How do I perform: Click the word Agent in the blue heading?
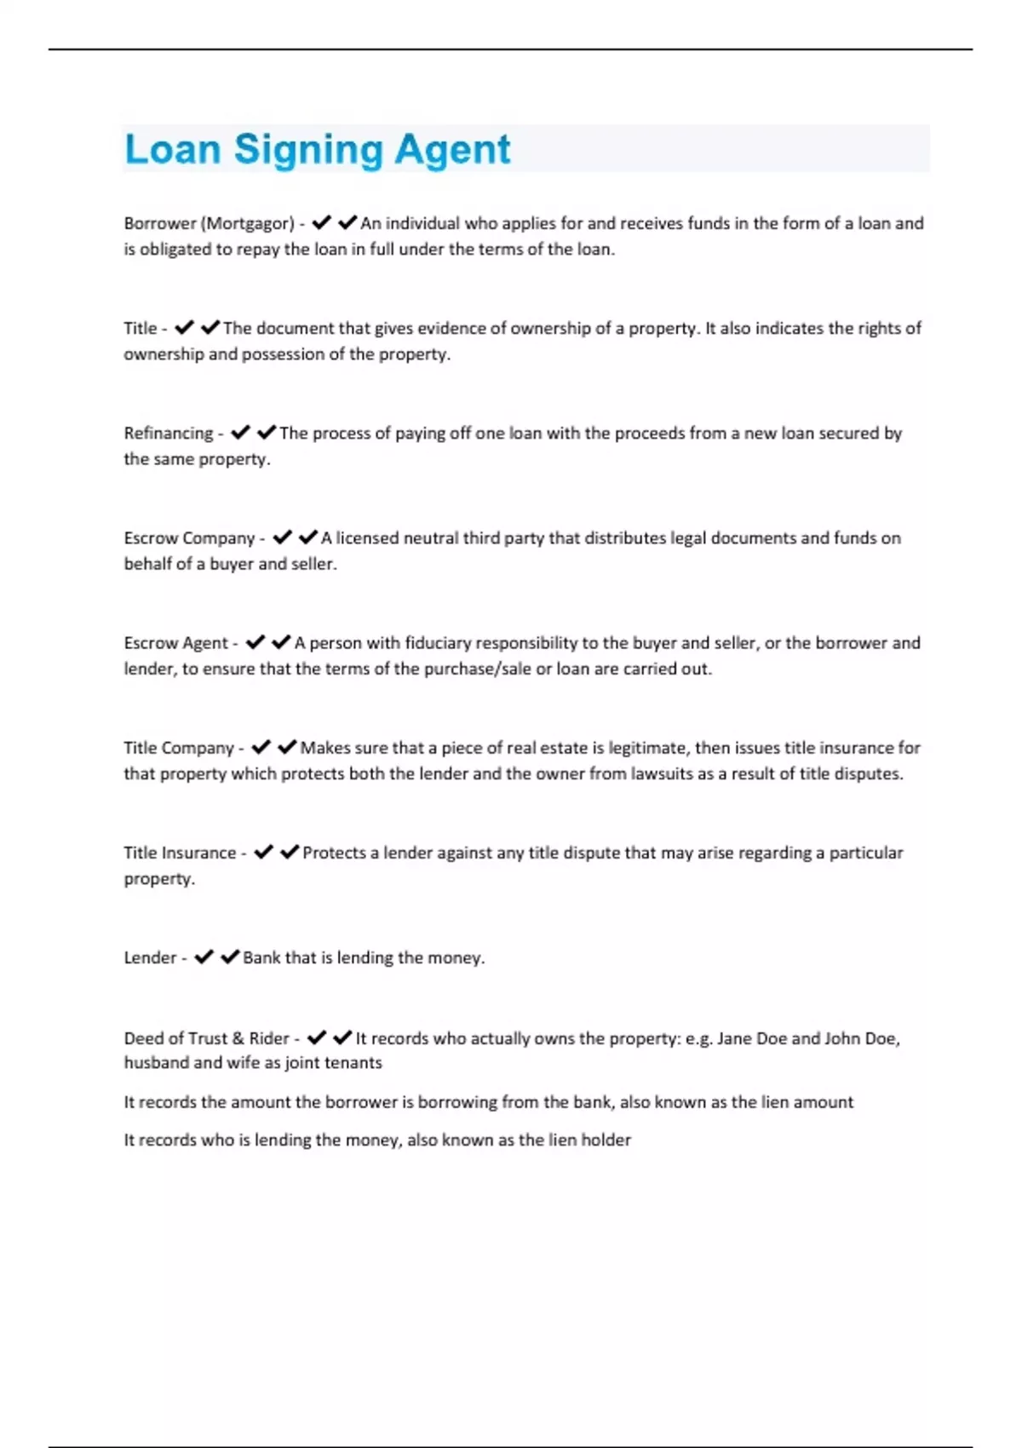coord(451,150)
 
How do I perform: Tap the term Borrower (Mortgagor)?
coord(209,223)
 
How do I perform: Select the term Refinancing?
coord(169,433)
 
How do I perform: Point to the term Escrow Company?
coord(189,537)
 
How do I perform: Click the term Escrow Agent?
coord(175,642)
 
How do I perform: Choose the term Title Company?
coord(179,748)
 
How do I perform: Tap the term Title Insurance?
coord(180,853)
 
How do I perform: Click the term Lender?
coord(150,957)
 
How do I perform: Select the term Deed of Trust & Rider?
coord(206,1038)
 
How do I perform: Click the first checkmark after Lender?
coord(204,957)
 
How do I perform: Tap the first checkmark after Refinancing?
coord(241,433)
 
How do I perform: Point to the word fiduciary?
coord(438,642)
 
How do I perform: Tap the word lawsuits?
coord(662,773)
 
